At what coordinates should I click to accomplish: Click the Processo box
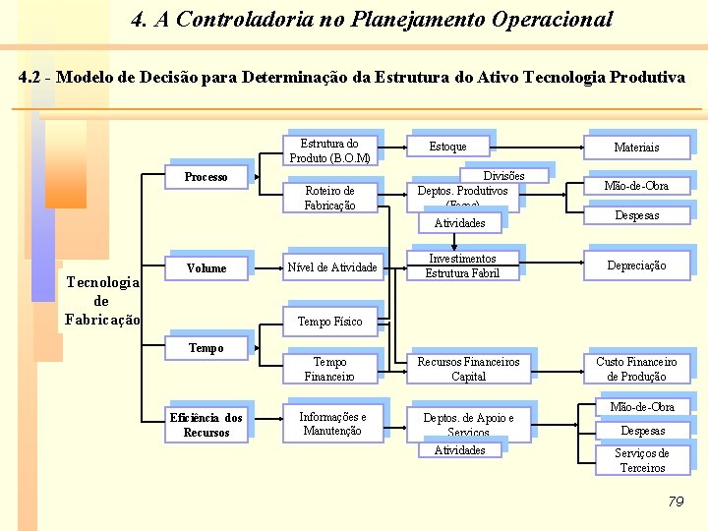206,177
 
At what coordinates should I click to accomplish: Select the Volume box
206,268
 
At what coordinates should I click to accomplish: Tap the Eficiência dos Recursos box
206,425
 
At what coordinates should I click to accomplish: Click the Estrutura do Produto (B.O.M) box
329,150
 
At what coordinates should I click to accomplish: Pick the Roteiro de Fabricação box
329,198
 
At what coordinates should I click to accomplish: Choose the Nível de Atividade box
331,267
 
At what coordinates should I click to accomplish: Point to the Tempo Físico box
329,322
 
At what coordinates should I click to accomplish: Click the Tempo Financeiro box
329,369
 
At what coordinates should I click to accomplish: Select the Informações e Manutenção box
331,424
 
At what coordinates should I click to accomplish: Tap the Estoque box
447,147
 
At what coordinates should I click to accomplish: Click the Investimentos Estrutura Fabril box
462,266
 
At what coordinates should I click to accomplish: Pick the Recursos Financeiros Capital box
468,369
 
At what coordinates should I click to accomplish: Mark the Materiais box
636,147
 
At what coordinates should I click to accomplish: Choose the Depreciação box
636,265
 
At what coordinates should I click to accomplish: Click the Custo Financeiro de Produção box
636,369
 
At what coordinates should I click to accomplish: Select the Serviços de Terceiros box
641,460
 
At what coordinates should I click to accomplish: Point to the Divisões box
504,176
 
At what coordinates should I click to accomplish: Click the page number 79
675,501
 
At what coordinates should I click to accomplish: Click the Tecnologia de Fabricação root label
102,301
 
